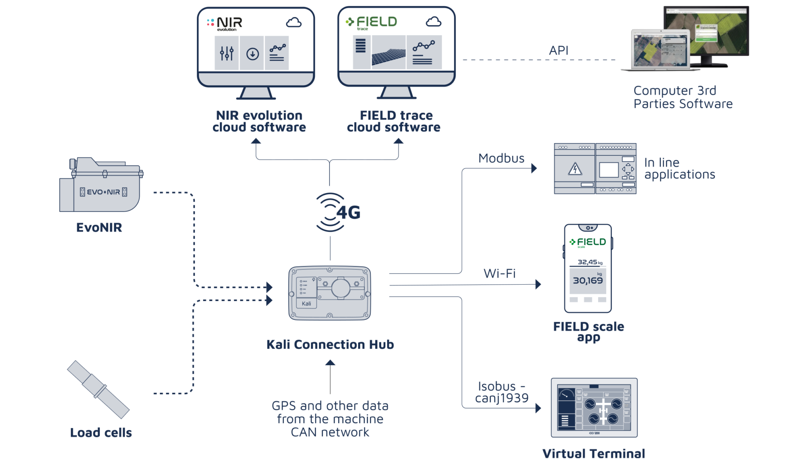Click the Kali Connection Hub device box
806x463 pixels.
coord(330,293)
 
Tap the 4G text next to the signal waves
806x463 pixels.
coord(348,213)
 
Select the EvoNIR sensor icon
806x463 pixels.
coord(101,185)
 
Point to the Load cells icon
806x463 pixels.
coord(98,390)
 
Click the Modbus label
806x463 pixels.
coord(502,158)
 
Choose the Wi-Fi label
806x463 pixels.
coord(500,274)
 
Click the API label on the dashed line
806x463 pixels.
coord(559,51)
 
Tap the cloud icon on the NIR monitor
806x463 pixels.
coord(294,22)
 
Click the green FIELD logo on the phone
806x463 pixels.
coord(588,242)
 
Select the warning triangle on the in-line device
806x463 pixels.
coord(575,169)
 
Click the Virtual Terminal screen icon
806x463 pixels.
coord(594,407)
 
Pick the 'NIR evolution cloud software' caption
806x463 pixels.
coord(259,121)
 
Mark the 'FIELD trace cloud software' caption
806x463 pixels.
coord(394,121)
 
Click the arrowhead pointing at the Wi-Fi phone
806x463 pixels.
coord(538,285)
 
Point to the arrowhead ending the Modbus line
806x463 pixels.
coord(534,168)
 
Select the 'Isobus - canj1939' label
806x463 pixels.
coord(502,392)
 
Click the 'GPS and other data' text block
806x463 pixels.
coord(330,419)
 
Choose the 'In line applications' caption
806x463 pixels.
coord(680,168)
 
